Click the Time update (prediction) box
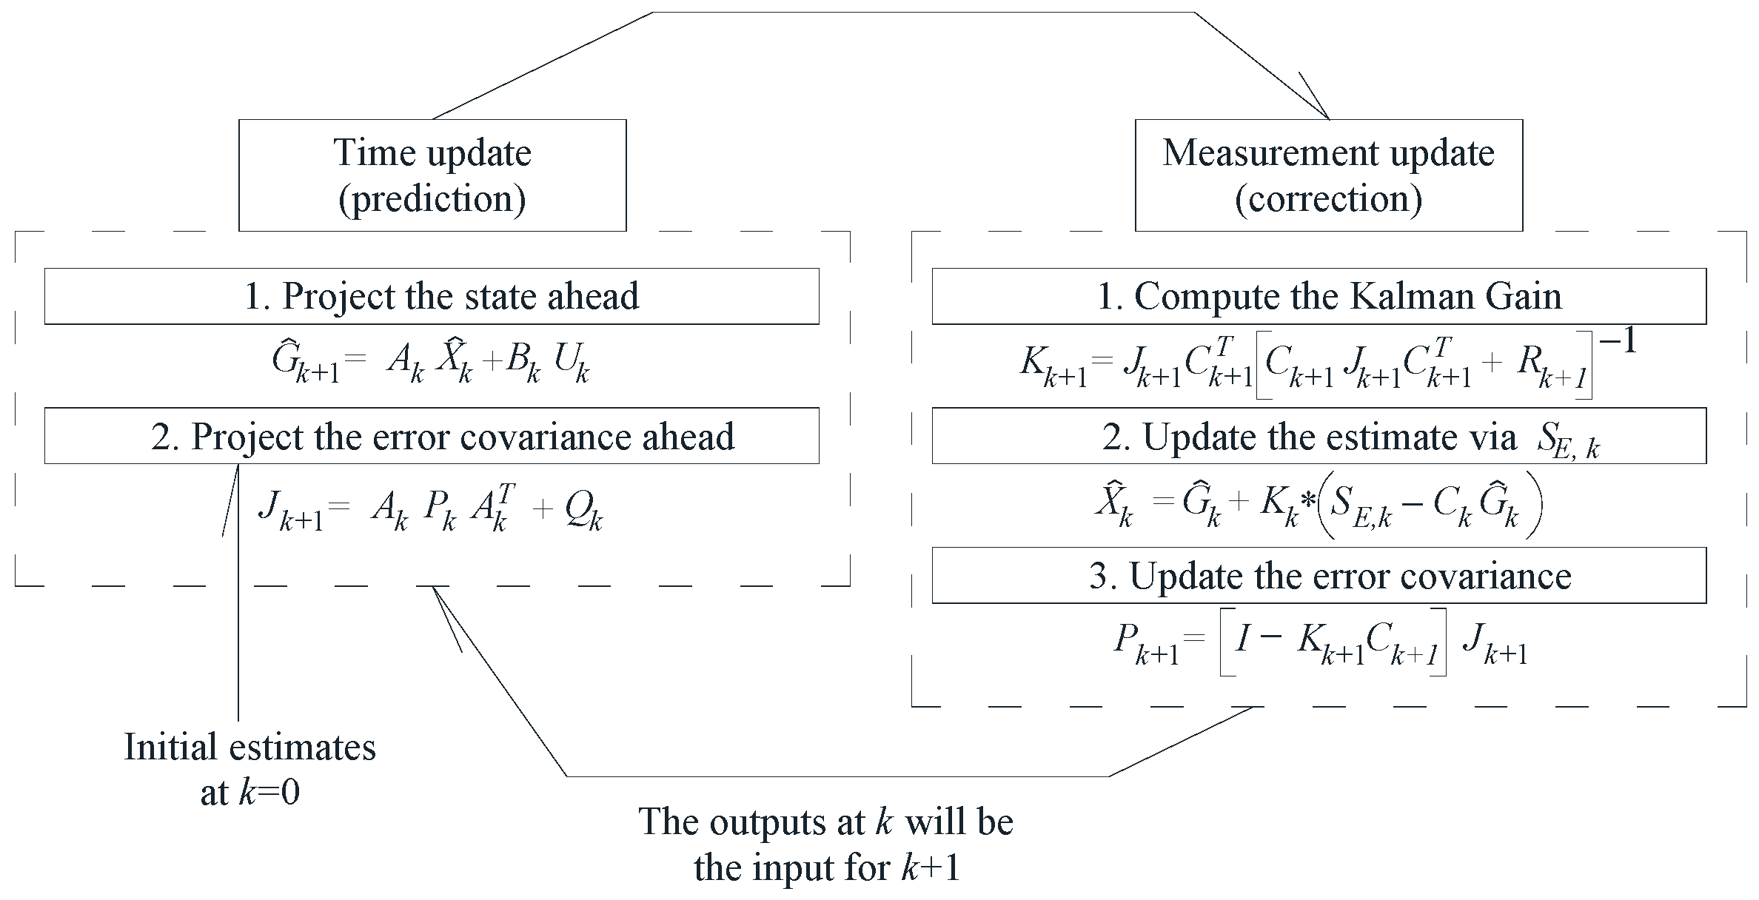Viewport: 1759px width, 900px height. [x=432, y=175]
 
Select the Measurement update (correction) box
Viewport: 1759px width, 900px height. [x=1328, y=175]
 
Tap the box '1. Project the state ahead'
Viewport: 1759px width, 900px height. [x=432, y=296]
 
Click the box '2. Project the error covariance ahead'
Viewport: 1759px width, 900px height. [x=432, y=436]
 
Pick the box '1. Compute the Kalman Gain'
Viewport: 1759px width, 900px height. [x=1319, y=296]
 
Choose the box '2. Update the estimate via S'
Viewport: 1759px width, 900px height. [x=1319, y=436]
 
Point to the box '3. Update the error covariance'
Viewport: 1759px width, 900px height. [x=1319, y=576]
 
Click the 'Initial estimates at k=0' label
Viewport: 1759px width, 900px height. [x=250, y=770]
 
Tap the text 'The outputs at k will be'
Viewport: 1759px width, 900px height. [x=825, y=822]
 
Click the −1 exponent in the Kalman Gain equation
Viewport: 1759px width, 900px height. [x=1616, y=343]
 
